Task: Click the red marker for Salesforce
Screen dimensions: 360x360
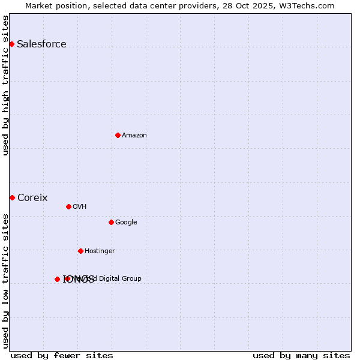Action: (11, 44)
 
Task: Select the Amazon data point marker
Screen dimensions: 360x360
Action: (118, 135)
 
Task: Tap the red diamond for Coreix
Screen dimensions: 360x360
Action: (12, 197)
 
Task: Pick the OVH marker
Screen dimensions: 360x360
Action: (68, 206)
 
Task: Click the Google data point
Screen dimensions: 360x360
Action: (111, 222)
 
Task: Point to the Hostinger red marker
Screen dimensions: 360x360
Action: (80, 251)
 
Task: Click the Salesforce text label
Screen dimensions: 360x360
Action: (41, 44)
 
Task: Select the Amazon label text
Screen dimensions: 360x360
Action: (134, 135)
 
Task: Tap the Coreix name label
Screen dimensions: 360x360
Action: (32, 197)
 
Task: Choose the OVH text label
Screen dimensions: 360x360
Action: (80, 206)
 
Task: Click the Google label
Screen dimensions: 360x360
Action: (126, 222)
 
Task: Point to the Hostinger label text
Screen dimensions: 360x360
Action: (100, 251)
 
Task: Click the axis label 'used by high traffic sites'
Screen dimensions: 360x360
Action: (6, 85)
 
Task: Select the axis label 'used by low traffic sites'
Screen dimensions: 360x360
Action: (6, 280)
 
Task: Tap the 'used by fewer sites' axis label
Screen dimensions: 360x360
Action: (62, 355)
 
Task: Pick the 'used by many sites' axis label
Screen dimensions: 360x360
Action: (301, 355)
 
